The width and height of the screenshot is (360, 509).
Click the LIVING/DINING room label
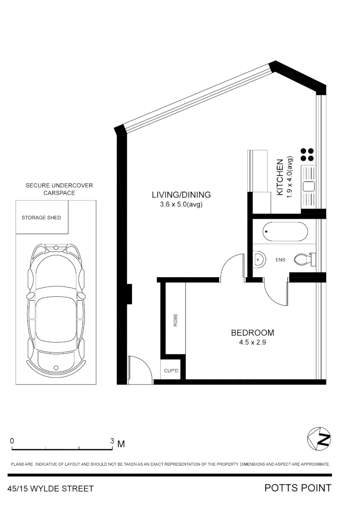(x=181, y=194)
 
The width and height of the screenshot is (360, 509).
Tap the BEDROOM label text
(x=252, y=333)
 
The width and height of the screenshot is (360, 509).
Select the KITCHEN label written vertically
(x=280, y=177)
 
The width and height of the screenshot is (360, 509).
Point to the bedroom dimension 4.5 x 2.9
(x=253, y=343)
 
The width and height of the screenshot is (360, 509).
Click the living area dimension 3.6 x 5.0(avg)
(x=181, y=205)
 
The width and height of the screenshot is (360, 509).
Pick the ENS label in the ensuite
(x=280, y=259)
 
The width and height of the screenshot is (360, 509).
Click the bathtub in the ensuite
(x=285, y=232)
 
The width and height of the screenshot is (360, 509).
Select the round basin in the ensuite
(x=259, y=258)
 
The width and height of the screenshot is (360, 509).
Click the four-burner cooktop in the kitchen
(x=307, y=155)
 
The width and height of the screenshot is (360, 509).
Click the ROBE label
(x=175, y=320)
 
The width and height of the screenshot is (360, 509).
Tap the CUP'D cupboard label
(x=171, y=371)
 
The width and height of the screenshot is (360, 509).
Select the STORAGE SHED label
(x=41, y=218)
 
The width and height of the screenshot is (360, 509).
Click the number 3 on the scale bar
(x=112, y=441)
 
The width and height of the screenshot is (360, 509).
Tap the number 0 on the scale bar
(x=12, y=441)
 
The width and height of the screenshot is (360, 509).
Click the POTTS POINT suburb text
(x=298, y=488)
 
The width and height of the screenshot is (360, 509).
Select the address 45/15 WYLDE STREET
(x=51, y=489)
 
